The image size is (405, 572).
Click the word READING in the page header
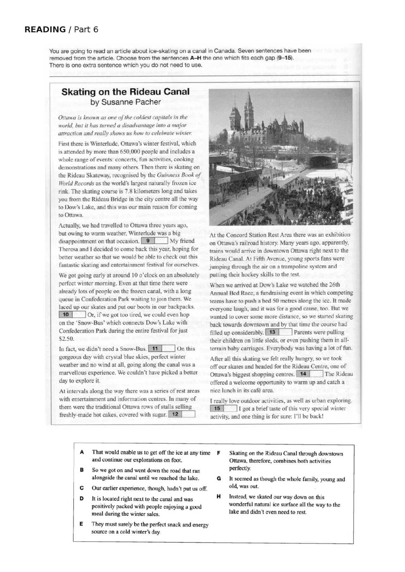pyautogui.click(x=45, y=29)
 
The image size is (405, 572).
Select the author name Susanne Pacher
pyautogui.click(x=125, y=102)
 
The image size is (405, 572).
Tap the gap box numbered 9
pyautogui.click(x=154, y=241)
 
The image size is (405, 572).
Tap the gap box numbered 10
pyautogui.click(x=72, y=315)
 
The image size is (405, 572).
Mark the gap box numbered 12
pyautogui.click(x=182, y=414)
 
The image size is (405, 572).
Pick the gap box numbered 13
pyautogui.click(x=278, y=332)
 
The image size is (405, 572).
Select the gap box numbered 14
pyautogui.click(x=309, y=374)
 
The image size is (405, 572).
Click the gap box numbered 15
pyautogui.click(x=223, y=408)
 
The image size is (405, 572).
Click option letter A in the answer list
pyautogui.click(x=82, y=452)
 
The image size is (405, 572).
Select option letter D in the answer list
pyautogui.click(x=82, y=499)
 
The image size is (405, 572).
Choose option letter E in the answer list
pyautogui.click(x=82, y=524)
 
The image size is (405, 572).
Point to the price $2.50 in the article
pyautogui.click(x=66, y=339)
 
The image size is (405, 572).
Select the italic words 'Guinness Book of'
pyautogui.click(x=179, y=175)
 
